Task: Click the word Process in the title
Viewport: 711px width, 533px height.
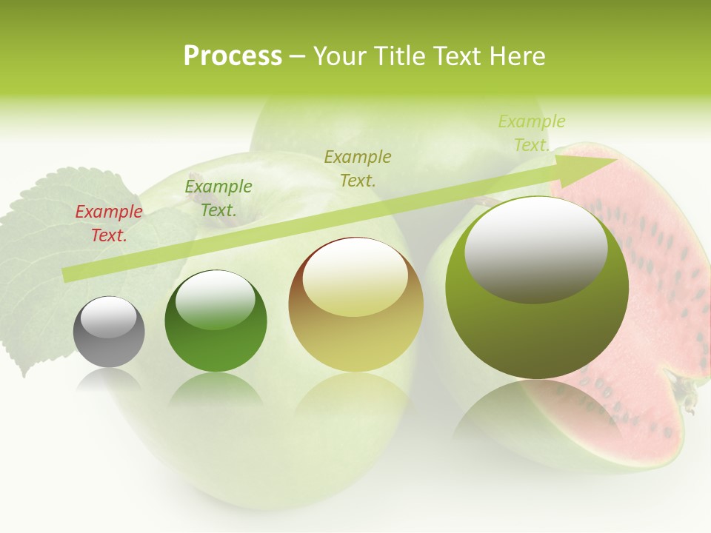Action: pyautogui.click(x=233, y=56)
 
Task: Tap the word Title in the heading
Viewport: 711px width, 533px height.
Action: pyautogui.click(x=401, y=56)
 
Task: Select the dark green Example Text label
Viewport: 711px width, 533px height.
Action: pyautogui.click(x=218, y=198)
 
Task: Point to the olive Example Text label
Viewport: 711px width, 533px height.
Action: pyautogui.click(x=358, y=168)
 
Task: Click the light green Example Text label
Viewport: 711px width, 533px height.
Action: pyautogui.click(x=532, y=133)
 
